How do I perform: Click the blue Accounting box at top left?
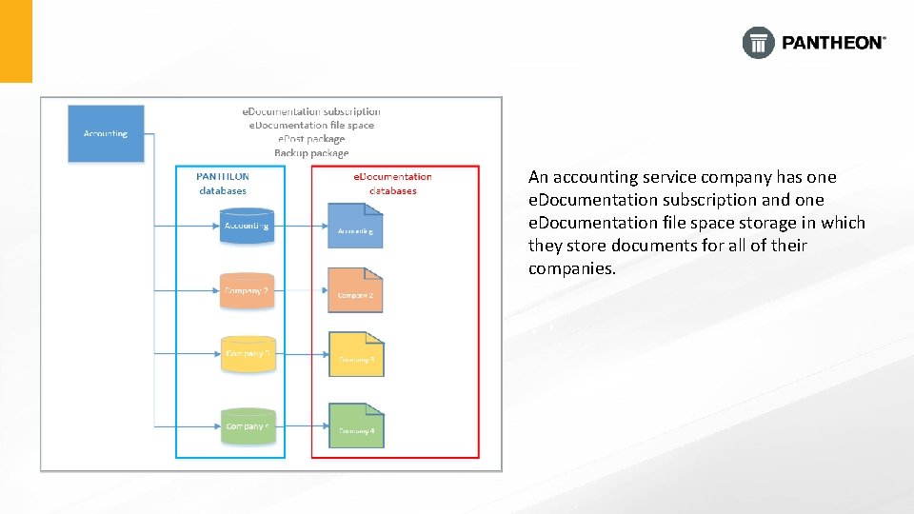point(105,133)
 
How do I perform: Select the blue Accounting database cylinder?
point(247,227)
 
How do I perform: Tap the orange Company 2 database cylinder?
point(247,291)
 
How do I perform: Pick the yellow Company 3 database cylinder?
point(247,354)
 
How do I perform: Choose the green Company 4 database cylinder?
point(247,426)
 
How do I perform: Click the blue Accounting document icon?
point(355,227)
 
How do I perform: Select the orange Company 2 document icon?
point(355,291)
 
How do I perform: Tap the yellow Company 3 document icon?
point(355,355)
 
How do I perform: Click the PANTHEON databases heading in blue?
point(223,184)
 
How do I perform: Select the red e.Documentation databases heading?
point(392,184)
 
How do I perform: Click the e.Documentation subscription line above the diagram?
point(311,111)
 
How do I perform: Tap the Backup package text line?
point(311,153)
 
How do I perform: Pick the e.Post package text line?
point(311,139)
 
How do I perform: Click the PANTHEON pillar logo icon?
point(758,43)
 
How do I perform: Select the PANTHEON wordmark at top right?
point(833,43)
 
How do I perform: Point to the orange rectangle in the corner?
point(16,41)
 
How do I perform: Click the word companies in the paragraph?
point(570,268)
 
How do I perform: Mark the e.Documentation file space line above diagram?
point(311,125)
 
